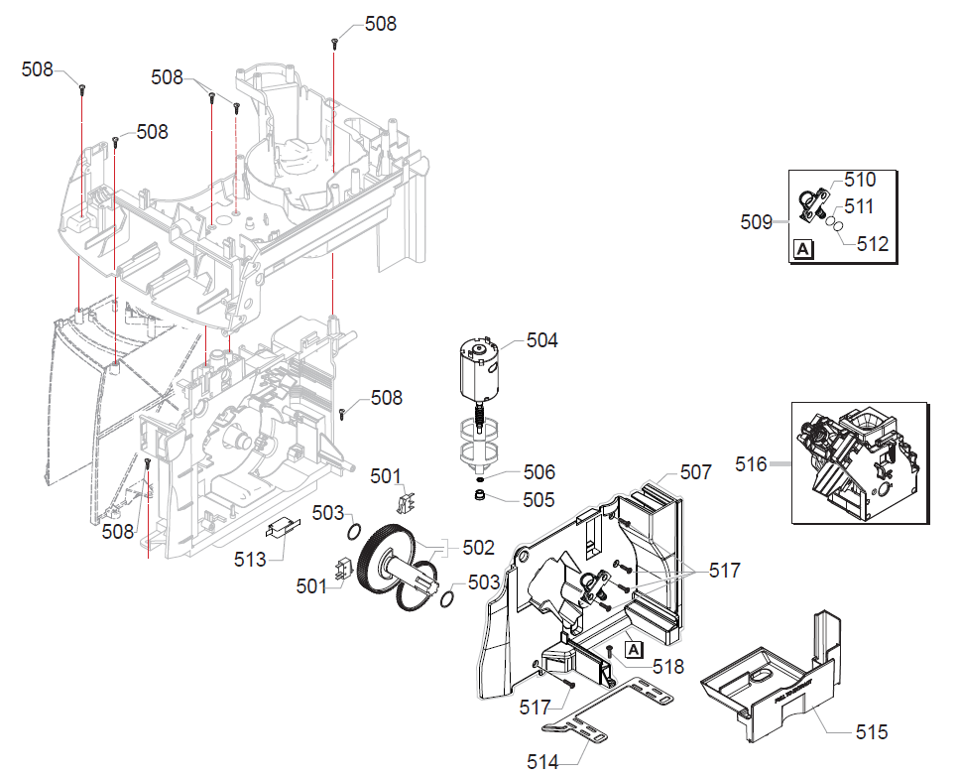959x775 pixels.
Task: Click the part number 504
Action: [x=541, y=340]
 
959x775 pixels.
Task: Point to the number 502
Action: [x=478, y=547]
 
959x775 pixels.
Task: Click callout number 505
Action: [x=539, y=499]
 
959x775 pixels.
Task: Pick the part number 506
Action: [x=539, y=472]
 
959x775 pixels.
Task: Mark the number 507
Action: [x=695, y=472]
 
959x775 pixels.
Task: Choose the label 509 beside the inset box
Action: [x=756, y=222]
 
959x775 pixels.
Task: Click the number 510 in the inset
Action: [x=860, y=180]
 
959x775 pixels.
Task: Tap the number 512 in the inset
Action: [x=873, y=244]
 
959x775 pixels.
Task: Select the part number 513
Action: [x=251, y=560]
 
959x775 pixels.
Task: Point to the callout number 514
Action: [x=542, y=761]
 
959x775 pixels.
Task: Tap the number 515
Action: [x=872, y=732]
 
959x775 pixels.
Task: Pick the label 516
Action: [x=751, y=463]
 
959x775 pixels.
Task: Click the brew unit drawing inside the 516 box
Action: [x=858, y=462]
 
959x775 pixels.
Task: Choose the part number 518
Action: [x=667, y=668]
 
